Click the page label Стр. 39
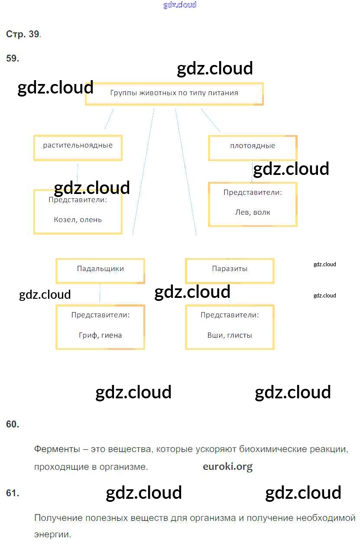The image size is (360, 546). (x=23, y=34)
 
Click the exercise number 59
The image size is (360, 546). (x=13, y=58)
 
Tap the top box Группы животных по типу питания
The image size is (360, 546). (x=174, y=94)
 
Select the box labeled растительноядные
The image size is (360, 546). (x=78, y=148)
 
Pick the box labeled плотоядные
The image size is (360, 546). (x=253, y=148)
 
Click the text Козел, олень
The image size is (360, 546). (x=78, y=220)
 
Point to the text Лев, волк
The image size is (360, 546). (x=253, y=212)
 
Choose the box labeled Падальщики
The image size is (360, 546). (x=100, y=271)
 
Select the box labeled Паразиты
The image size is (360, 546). (x=230, y=271)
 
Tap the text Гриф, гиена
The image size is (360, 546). (x=100, y=335)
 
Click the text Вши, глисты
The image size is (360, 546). (x=230, y=335)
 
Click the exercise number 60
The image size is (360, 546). (x=13, y=424)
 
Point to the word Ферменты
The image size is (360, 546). (x=57, y=449)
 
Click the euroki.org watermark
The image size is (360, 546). (x=227, y=466)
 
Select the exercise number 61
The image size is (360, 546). (x=13, y=493)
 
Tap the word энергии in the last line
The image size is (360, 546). (x=52, y=535)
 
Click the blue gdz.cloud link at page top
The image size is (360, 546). (x=180, y=5)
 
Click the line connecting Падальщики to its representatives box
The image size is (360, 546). (x=100, y=294)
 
